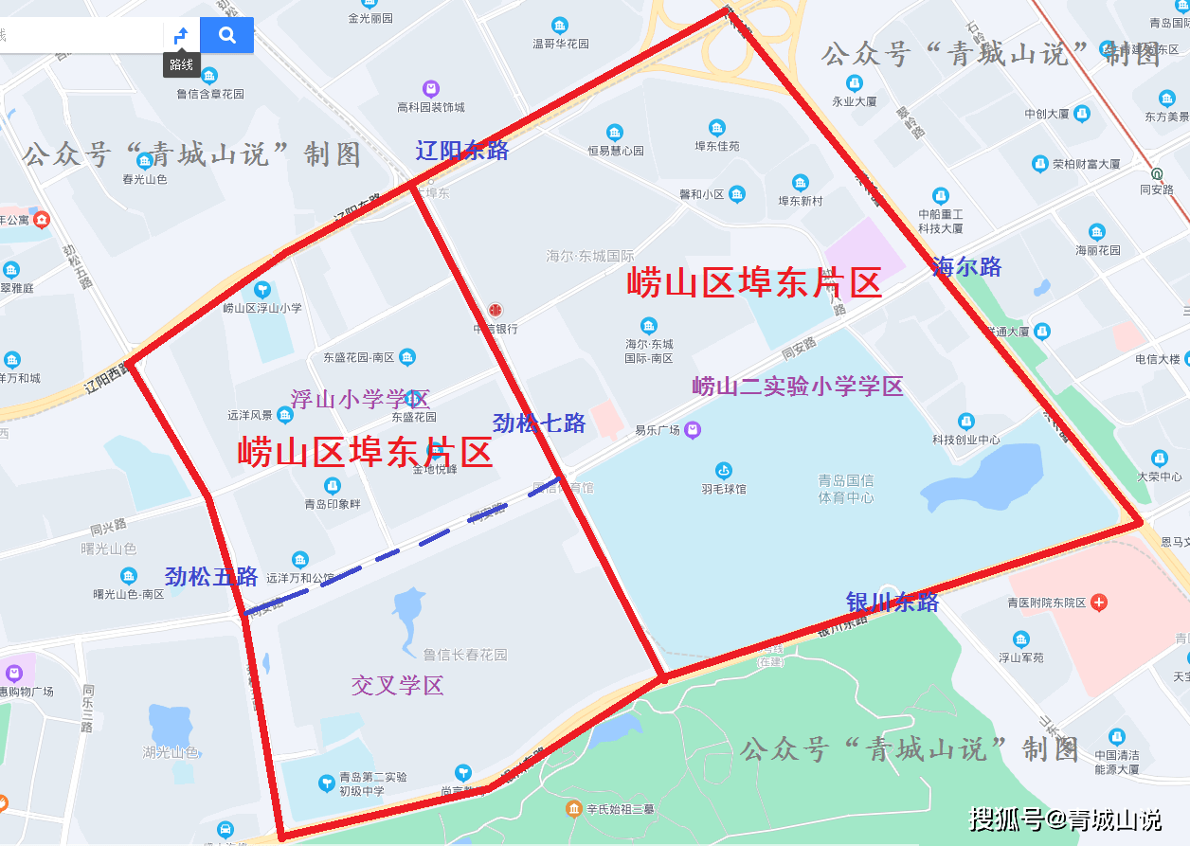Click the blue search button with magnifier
click(227, 35)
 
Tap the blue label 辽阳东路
click(461, 150)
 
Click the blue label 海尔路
click(966, 267)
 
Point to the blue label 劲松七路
click(539, 423)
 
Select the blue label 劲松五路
click(211, 576)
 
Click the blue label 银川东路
click(892, 603)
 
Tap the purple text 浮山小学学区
click(360, 399)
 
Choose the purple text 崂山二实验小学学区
click(798, 386)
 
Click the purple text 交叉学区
click(398, 685)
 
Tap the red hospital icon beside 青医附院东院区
click(1098, 603)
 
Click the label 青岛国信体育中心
click(846, 489)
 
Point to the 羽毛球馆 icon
click(724, 470)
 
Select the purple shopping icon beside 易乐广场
click(693, 430)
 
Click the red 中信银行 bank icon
click(495, 311)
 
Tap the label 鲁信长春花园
click(464, 654)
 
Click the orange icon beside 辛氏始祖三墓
click(574, 808)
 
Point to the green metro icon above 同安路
click(1157, 174)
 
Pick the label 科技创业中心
click(965, 440)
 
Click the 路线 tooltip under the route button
click(181, 64)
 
